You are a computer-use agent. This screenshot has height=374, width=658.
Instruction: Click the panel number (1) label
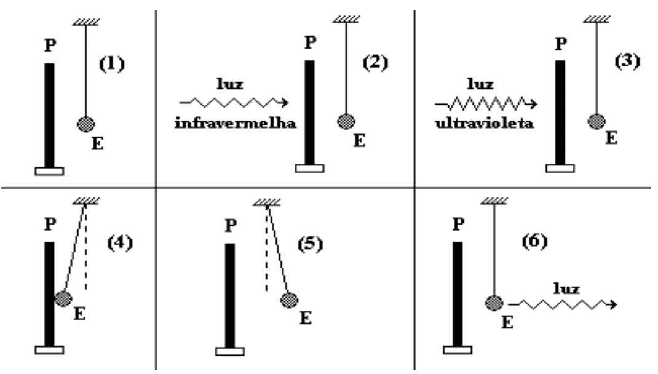pyautogui.click(x=112, y=64)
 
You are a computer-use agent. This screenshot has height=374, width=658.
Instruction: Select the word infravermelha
pyautogui.click(x=236, y=124)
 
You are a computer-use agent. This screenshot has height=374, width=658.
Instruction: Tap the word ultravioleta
pyautogui.click(x=484, y=123)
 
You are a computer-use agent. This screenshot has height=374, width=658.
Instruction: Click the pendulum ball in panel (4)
pyautogui.click(x=64, y=299)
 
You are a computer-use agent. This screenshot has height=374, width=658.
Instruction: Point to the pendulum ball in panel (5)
pyautogui.click(x=289, y=301)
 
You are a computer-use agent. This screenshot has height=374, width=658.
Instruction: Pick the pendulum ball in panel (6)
pyautogui.click(x=494, y=303)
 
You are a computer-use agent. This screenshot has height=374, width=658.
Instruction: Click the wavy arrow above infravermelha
pyautogui.click(x=234, y=103)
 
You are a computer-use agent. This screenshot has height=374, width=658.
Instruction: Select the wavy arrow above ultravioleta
pyautogui.click(x=486, y=103)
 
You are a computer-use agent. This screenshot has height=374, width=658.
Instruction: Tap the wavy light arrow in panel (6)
pyautogui.click(x=562, y=304)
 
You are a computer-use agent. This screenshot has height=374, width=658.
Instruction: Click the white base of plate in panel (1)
pyautogui.click(x=50, y=171)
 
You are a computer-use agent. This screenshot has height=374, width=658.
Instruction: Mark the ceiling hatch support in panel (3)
pyautogui.click(x=597, y=19)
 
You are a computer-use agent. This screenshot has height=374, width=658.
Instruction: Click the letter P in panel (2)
pyautogui.click(x=310, y=42)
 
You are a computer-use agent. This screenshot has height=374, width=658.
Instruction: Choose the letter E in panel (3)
pyautogui.click(x=611, y=138)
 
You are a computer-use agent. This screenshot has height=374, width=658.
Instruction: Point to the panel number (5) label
pyautogui.click(x=311, y=244)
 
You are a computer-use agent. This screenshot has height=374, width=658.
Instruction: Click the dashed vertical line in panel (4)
pyautogui.click(x=85, y=248)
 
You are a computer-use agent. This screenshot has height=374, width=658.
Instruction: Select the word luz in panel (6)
pyautogui.click(x=566, y=288)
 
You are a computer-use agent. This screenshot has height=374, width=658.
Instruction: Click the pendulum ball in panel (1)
pyautogui.click(x=86, y=124)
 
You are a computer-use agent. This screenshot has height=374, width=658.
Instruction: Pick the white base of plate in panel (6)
pyautogui.click(x=458, y=350)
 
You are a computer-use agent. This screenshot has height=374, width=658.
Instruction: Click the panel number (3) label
pyautogui.click(x=627, y=62)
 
